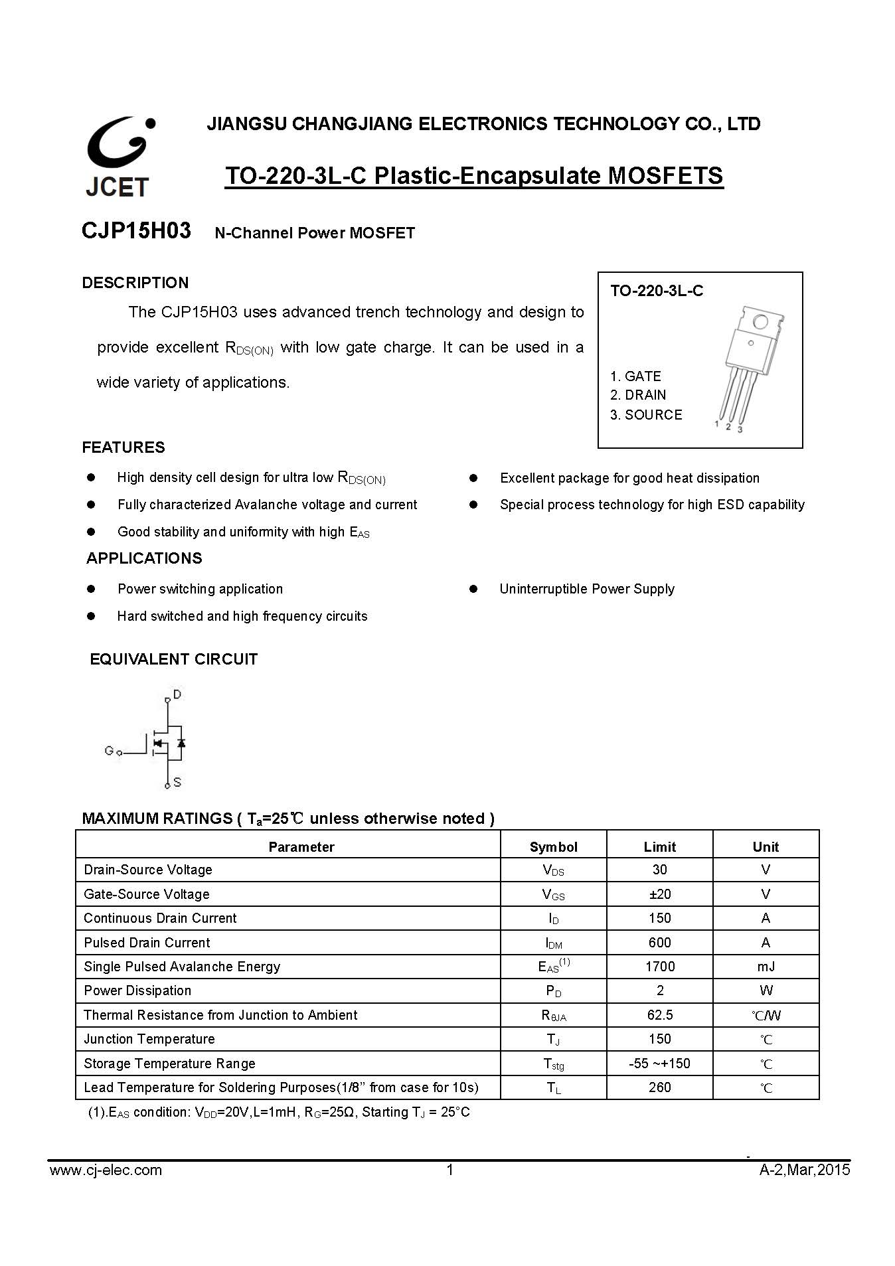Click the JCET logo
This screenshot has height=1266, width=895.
tap(118, 157)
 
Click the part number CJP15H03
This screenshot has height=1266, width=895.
tap(136, 231)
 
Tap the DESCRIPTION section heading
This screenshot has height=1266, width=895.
tap(135, 283)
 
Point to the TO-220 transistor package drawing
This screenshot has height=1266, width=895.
tap(749, 366)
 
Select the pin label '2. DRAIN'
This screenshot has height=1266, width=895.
tap(638, 395)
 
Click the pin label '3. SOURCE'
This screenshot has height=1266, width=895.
tap(646, 415)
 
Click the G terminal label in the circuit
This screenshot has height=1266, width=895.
tap(109, 751)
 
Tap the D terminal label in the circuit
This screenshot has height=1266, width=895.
tap(177, 694)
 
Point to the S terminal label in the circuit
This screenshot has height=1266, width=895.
tap(177, 783)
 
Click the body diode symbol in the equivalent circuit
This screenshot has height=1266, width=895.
tap(181, 743)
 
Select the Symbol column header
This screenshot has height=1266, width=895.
tap(553, 846)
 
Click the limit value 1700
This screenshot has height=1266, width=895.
tap(659, 967)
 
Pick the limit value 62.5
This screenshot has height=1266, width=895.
tap(659, 1015)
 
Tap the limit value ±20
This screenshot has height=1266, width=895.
tap(659, 894)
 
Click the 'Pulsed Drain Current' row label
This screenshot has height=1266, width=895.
tap(147, 943)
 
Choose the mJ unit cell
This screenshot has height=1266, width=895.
tap(766, 967)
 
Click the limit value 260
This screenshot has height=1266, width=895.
tap(659, 1087)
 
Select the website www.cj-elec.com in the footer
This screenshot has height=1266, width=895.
tap(106, 1170)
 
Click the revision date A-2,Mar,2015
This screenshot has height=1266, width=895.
tap(804, 1170)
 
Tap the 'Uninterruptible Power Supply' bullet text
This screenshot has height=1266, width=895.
tap(587, 589)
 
